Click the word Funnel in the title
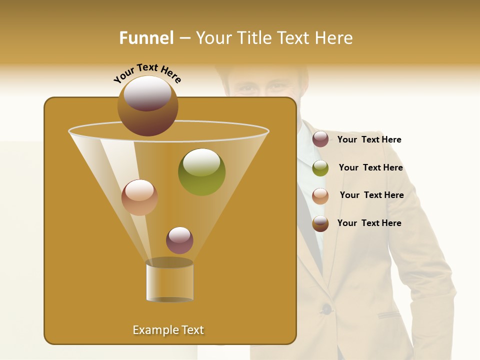[x=146, y=38]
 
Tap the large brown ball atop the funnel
[x=147, y=105]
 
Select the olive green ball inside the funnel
[x=201, y=172]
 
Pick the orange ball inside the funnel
[x=139, y=197]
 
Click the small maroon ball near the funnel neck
[x=179, y=240]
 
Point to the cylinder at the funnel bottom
[x=169, y=281]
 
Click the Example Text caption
[x=168, y=330]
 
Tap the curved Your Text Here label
[x=147, y=73]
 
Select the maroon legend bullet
[x=320, y=139]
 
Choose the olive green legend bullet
[x=320, y=168]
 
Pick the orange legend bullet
[x=320, y=196]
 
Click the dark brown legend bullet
[x=320, y=224]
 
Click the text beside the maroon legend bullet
[x=369, y=140]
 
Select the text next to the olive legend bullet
[x=370, y=168]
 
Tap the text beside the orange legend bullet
[x=371, y=195]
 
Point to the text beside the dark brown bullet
[x=369, y=223]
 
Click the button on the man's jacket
[x=326, y=309]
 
